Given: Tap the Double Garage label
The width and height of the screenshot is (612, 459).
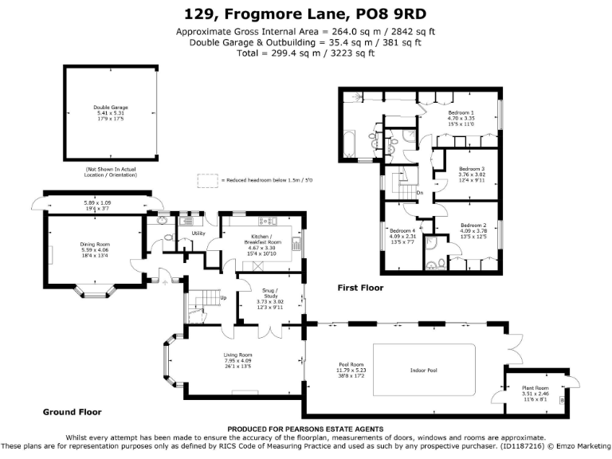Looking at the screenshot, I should tap(110, 107).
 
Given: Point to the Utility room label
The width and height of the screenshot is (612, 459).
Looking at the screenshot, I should tap(199, 233).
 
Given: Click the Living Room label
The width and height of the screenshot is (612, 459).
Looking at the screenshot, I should tap(238, 355).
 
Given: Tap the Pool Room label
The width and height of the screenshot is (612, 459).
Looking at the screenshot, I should tap(351, 365).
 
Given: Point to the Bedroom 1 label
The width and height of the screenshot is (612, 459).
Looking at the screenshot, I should tap(461, 113).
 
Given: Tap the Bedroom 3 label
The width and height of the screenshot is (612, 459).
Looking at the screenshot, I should tap(472, 169).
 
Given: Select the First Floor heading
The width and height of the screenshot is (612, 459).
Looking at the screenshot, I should tap(359, 288).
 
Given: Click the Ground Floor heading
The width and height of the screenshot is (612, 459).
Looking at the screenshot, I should tap(72, 412).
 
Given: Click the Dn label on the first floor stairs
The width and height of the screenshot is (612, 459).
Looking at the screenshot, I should tap(419, 194).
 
